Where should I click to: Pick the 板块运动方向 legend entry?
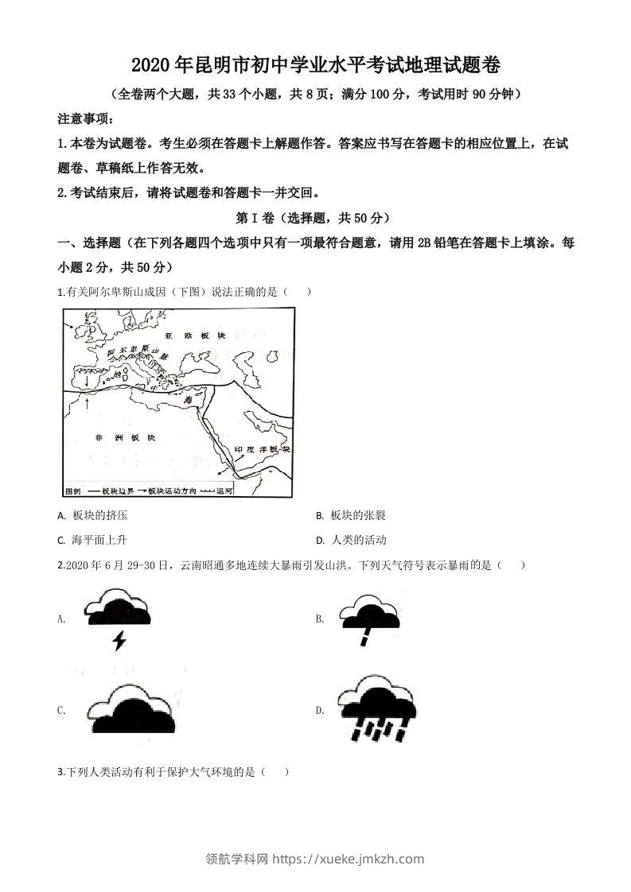(x=171, y=491)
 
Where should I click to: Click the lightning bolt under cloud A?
(x=119, y=640)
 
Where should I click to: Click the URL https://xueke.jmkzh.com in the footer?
(x=348, y=859)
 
